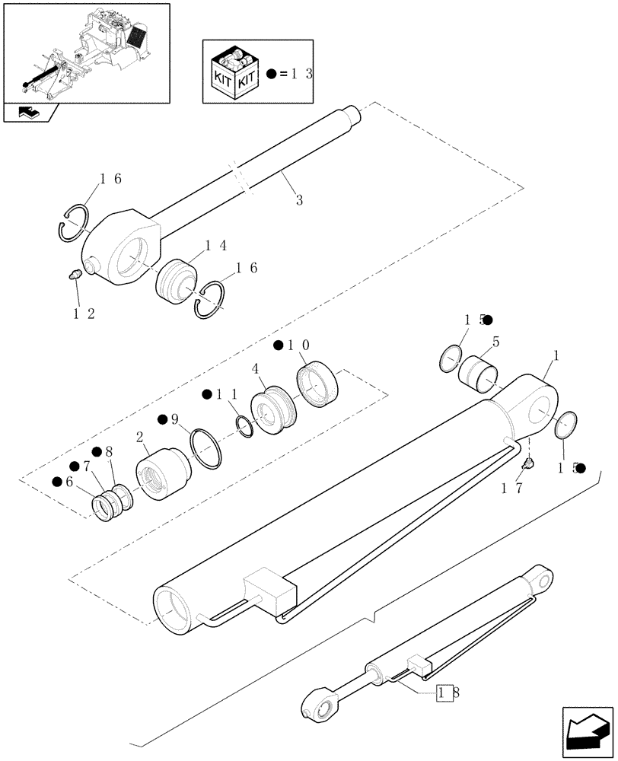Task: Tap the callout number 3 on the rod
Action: click(x=299, y=200)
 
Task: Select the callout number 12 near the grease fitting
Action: click(x=84, y=314)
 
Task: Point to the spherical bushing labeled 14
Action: click(x=176, y=281)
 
